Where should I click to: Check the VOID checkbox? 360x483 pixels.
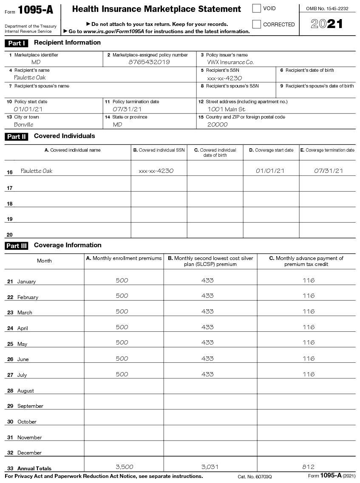257,8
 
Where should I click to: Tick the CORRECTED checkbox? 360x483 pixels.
257,24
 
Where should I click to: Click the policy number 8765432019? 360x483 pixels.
149,62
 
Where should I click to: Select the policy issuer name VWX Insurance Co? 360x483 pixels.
230,62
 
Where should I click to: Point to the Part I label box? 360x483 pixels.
17,43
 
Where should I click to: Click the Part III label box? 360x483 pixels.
17,246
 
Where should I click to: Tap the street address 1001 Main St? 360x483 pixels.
226,109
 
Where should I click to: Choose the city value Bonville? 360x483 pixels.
23,124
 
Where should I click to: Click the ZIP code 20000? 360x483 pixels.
218,124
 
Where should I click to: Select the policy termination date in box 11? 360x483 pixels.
127,109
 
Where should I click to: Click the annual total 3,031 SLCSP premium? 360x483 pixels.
210,467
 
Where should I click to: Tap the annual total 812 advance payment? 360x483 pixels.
309,467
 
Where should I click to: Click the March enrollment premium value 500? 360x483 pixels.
122,311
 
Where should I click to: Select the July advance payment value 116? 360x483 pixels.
309,374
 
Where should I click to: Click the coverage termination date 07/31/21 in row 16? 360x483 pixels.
329,171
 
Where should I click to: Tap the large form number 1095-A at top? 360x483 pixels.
36,10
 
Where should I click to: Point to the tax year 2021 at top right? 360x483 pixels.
327,24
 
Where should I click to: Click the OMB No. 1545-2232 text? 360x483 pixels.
327,8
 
